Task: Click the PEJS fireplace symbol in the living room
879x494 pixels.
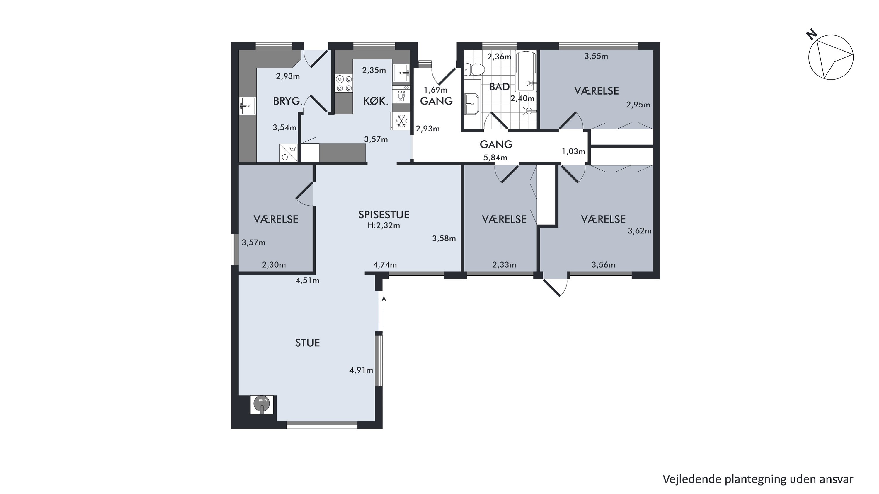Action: click(x=262, y=405)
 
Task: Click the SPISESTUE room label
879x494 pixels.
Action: click(x=384, y=215)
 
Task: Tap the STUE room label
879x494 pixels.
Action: click(x=307, y=343)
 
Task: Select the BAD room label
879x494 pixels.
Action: click(x=499, y=87)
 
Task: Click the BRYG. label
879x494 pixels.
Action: click(x=288, y=101)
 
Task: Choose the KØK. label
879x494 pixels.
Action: click(x=376, y=101)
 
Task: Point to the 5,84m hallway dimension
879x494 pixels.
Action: click(x=495, y=158)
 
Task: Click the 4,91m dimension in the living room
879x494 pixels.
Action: click(x=361, y=370)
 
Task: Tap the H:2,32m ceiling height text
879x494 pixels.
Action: click(x=384, y=225)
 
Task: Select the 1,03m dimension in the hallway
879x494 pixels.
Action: click(x=573, y=151)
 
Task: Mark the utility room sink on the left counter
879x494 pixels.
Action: click(x=247, y=106)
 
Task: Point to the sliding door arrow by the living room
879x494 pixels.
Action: click(x=384, y=313)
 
